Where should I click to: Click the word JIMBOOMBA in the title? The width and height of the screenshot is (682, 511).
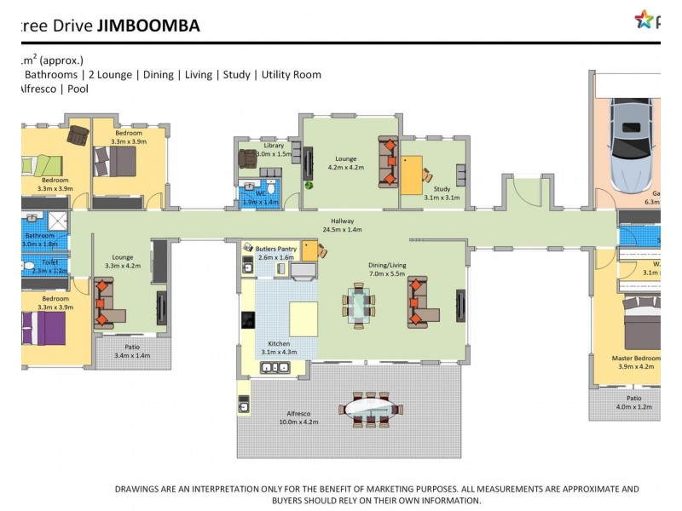point(148,26)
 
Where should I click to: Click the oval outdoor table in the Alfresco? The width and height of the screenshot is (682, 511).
point(369,409)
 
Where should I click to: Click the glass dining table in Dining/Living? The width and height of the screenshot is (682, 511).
point(358,304)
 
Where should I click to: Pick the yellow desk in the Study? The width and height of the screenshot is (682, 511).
point(413,175)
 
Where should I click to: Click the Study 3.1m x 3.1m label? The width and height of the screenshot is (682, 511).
point(442,193)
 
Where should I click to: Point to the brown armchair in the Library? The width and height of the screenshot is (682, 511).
point(248,158)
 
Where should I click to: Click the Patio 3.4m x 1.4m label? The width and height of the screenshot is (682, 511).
point(131,351)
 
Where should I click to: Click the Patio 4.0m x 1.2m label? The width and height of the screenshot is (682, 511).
point(633,402)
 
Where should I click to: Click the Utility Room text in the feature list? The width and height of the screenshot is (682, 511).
point(292,75)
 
